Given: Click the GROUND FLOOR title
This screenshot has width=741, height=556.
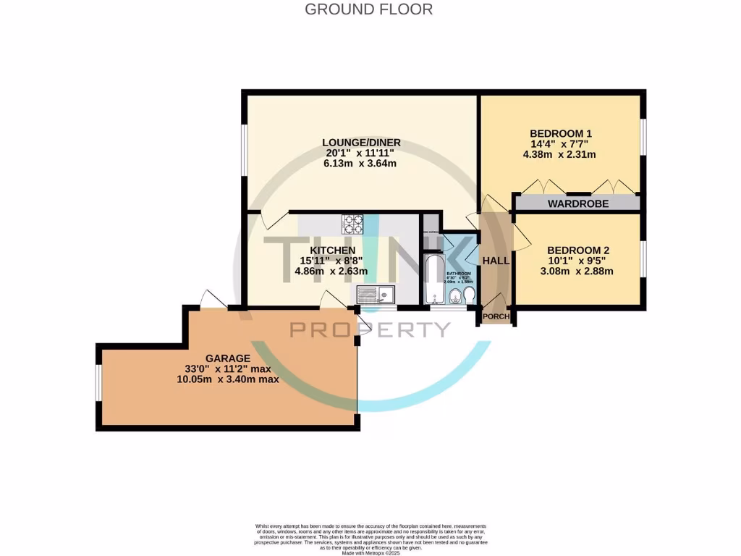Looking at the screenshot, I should tap(369, 9).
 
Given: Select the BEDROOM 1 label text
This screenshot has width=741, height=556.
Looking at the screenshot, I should tap(561, 133).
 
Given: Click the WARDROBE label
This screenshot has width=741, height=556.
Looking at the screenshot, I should tap(577, 204).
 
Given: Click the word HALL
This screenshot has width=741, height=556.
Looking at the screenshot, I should tap(496, 261).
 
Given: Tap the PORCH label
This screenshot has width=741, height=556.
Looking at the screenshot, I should tap(496, 316).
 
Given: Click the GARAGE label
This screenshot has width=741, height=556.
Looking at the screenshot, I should tap(227, 358).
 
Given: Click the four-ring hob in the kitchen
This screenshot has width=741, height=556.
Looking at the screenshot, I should tap(352, 223).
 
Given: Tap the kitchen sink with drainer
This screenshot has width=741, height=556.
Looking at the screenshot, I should tap(375, 295).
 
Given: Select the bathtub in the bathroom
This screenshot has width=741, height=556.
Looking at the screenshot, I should tap(433, 279).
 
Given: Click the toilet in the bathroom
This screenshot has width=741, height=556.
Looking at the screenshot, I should tap(469, 296).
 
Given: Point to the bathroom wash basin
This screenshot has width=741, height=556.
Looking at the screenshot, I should tap(454, 298).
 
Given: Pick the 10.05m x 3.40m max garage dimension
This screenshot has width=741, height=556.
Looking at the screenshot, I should tap(227, 379).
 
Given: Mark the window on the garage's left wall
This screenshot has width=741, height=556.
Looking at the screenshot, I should tap(98, 381).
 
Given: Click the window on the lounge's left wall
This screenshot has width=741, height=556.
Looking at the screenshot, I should tap(244, 150).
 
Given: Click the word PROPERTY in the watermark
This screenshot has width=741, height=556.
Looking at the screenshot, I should tap(370, 330).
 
